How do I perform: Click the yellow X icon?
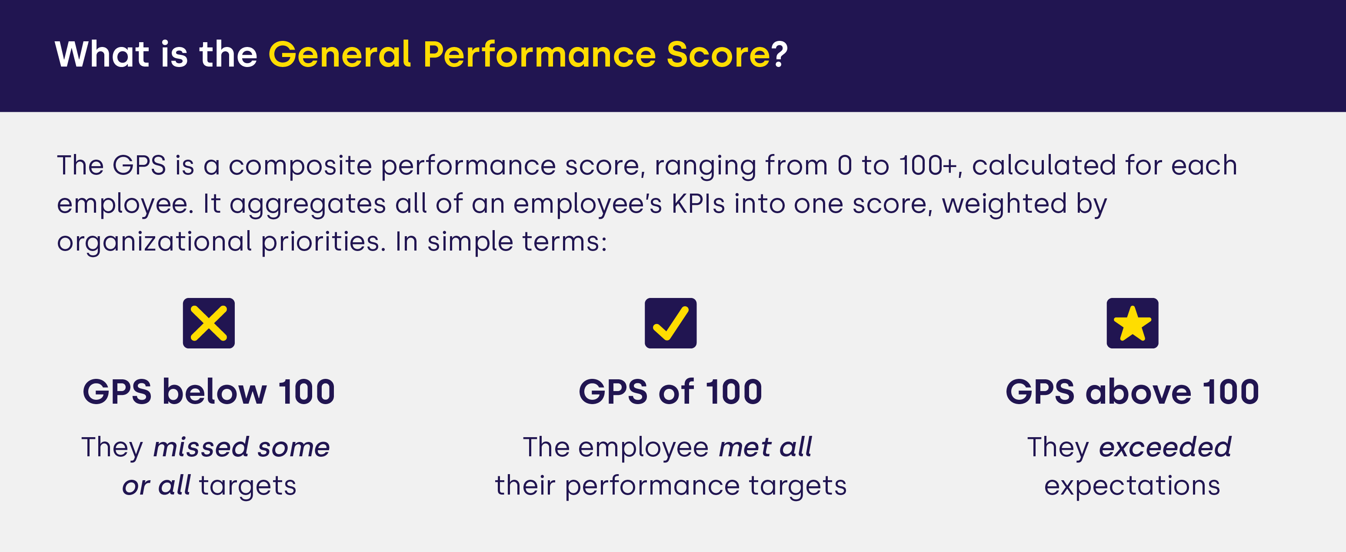[x=209, y=323]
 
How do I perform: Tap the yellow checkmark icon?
[x=670, y=323]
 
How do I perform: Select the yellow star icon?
[x=1132, y=323]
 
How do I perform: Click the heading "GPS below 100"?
[x=209, y=391]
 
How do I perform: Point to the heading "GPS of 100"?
[x=670, y=391]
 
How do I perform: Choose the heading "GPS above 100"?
[x=1132, y=391]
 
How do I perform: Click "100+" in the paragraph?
[x=928, y=165]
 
